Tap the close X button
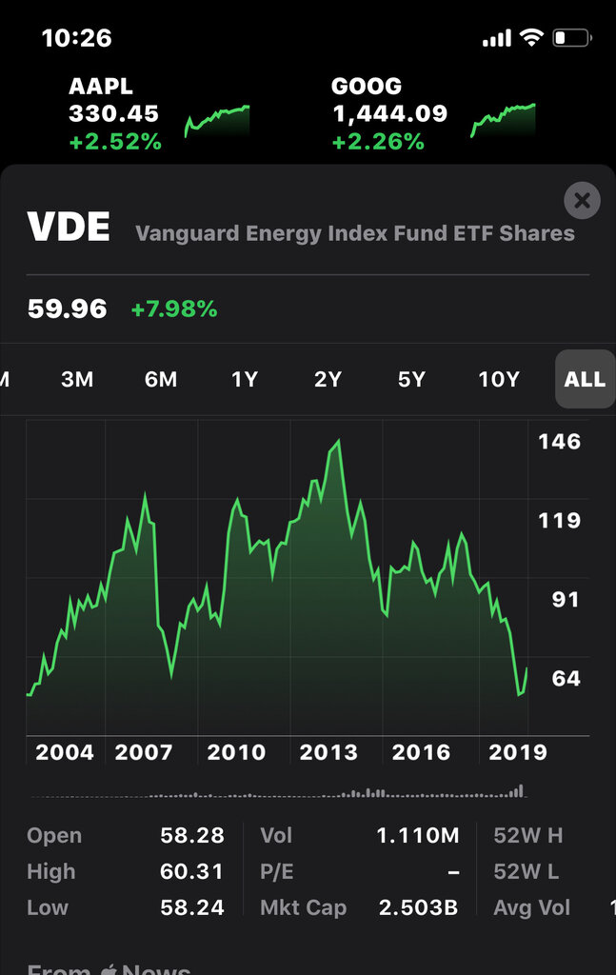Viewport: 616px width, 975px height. (582, 201)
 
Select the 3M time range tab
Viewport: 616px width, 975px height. (77, 379)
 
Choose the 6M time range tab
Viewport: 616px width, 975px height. (161, 379)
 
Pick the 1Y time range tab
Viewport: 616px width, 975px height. (245, 379)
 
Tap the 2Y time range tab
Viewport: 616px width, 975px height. (328, 379)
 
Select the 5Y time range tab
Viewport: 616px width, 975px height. (411, 379)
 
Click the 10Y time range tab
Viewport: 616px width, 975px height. (499, 379)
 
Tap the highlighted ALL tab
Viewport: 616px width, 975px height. (585, 379)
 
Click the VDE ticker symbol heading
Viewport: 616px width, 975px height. (69, 229)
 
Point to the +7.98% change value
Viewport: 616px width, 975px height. (174, 309)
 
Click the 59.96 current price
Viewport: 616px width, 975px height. (67, 309)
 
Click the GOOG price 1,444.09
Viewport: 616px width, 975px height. (389, 114)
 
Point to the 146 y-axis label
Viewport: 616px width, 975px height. (559, 442)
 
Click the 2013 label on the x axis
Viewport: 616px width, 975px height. (328, 752)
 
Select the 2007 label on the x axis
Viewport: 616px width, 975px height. (144, 752)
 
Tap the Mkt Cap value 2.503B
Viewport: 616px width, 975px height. (418, 907)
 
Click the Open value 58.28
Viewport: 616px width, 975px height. (192, 836)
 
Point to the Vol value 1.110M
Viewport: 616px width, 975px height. (418, 836)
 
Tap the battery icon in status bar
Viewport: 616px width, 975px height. (572, 38)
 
